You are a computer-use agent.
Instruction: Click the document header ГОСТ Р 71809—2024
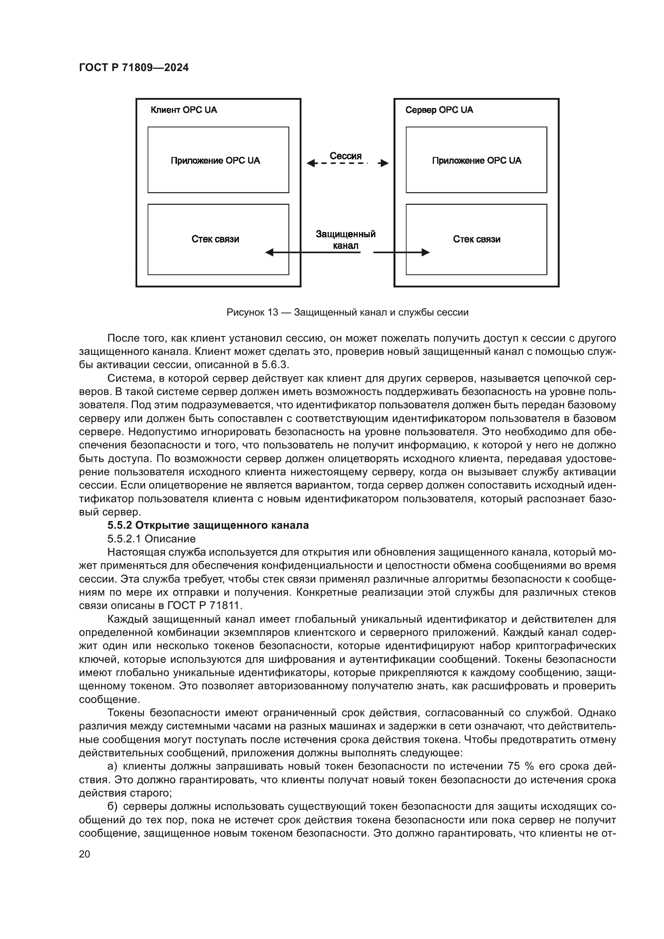[134, 68]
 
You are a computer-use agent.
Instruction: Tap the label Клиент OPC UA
[183, 110]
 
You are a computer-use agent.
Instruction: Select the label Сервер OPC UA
[439, 110]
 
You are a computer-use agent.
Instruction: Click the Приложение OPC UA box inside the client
[218, 160]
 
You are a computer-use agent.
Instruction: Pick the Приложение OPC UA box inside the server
[477, 160]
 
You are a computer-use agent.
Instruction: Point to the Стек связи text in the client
[215, 239]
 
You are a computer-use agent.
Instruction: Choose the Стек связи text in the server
[477, 239]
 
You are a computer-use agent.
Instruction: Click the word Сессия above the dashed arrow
[346, 156]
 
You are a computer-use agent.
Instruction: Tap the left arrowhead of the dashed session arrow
[311, 163]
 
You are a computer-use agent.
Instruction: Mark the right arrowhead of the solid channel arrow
[426, 253]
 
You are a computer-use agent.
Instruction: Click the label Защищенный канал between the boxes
[346, 240]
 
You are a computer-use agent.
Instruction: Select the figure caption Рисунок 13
[347, 312]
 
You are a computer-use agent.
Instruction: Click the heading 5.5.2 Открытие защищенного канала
[208, 525]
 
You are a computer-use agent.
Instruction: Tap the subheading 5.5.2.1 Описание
[151, 539]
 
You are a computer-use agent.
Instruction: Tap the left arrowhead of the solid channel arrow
[269, 253]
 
